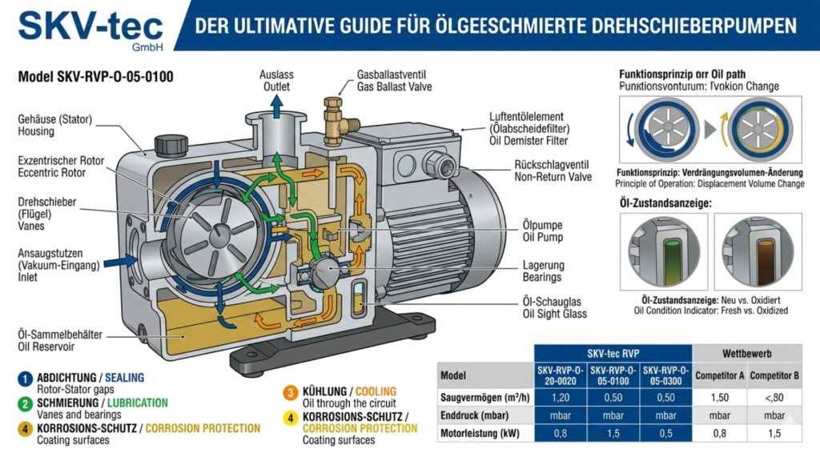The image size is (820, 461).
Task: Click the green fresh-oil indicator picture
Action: [x=667, y=252]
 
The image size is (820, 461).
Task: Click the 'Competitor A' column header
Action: [x=720, y=374]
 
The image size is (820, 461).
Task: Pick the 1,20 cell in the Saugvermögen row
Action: [x=561, y=396]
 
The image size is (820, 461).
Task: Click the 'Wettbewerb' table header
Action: [x=746, y=352]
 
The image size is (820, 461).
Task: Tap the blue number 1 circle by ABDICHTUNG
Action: [x=26, y=378]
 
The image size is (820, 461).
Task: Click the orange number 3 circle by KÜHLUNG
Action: [x=291, y=391]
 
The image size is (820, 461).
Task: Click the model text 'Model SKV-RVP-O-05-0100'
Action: [x=95, y=77]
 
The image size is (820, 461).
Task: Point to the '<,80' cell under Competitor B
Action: [x=774, y=396]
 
